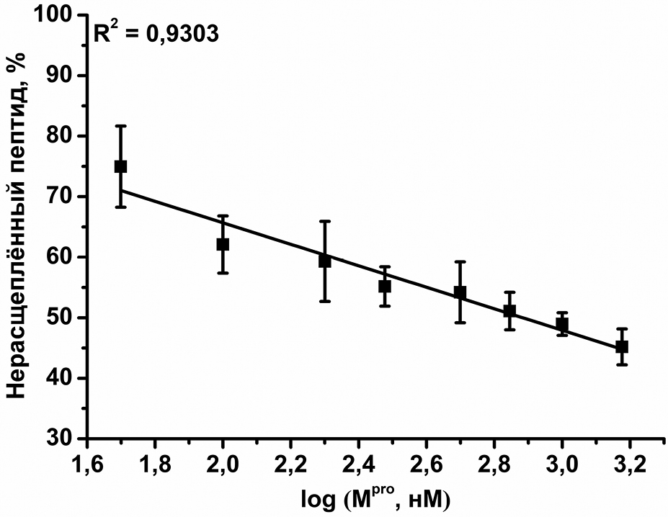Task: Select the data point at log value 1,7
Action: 120,166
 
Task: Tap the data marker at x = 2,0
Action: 223,244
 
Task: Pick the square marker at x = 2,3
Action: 324,261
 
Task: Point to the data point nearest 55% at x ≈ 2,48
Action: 385,286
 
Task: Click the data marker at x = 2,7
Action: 460,292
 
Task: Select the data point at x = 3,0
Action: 562,325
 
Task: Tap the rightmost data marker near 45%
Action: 622,346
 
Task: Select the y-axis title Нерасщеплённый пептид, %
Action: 19,223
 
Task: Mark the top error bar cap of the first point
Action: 120,126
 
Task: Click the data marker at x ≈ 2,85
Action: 509,311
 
